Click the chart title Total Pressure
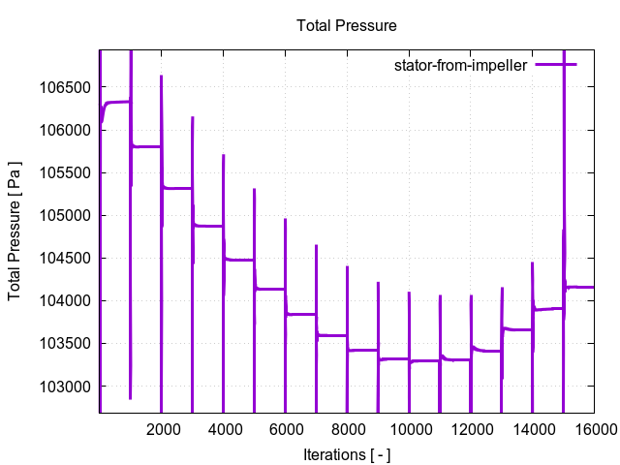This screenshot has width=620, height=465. [x=346, y=25]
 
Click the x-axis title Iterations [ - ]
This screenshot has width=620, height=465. [x=346, y=453]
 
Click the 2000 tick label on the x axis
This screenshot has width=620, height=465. [x=162, y=428]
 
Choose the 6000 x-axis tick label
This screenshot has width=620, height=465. [x=286, y=428]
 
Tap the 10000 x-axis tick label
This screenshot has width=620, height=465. [x=409, y=428]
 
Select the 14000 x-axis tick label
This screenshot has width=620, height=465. [x=533, y=428]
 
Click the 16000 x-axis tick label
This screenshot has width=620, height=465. [x=594, y=428]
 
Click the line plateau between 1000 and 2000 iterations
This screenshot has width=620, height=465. [x=146, y=146]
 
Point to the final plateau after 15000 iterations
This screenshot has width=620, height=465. [x=581, y=287]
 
